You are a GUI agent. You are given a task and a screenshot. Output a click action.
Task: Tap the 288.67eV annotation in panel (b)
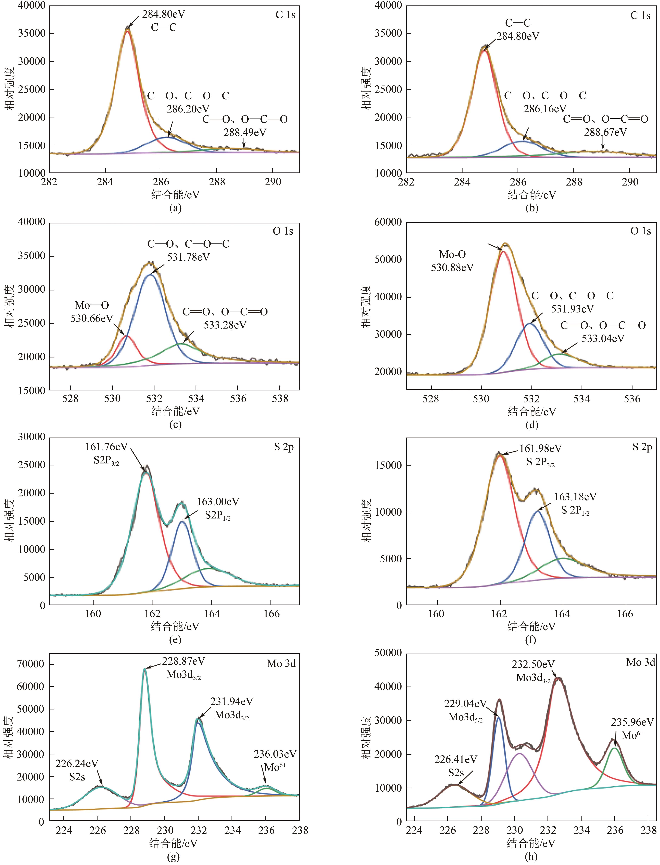[x=605, y=132]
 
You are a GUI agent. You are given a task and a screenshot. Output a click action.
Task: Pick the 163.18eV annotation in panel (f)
[x=575, y=497]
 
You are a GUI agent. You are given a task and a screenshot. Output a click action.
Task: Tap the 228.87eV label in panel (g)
[x=183, y=661]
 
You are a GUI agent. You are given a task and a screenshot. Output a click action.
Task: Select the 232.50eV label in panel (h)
[x=533, y=664]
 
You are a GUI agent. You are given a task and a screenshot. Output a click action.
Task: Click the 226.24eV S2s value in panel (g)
[x=77, y=763]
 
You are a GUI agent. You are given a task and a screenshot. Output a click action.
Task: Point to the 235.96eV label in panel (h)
[x=632, y=722]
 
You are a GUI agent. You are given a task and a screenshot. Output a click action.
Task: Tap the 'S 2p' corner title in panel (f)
[x=642, y=447]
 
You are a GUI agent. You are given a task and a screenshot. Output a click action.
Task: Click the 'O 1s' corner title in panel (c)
[x=283, y=231]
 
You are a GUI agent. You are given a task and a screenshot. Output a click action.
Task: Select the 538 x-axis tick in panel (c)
[x=280, y=399]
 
